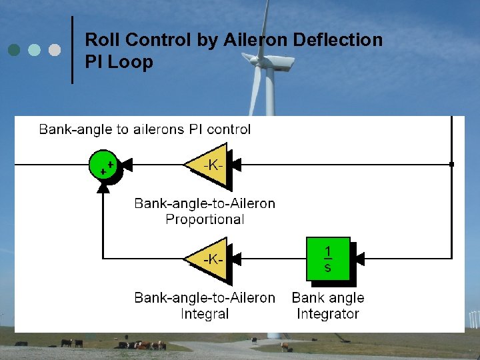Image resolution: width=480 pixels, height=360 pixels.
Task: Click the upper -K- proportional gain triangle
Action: pyautogui.click(x=209, y=164)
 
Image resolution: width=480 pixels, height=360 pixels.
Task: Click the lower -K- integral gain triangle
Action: pyautogui.click(x=209, y=258)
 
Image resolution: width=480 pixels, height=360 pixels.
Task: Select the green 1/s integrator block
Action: pyautogui.click(x=327, y=259)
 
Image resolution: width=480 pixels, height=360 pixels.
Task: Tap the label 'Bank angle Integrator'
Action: pyautogui.click(x=328, y=305)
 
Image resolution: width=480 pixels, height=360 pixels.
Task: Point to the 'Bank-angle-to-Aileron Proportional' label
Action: pyautogui.click(x=205, y=211)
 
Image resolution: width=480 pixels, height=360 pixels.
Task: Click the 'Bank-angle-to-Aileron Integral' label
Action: pyautogui.click(x=205, y=305)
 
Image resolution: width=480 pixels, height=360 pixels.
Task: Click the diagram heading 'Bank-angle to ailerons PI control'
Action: pyautogui.click(x=145, y=129)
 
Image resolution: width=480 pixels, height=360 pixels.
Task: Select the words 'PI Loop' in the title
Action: pyautogui.click(x=119, y=62)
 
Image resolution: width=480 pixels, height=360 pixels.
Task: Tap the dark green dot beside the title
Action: pyautogui.click(x=14, y=50)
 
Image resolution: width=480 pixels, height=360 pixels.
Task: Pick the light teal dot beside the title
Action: pyautogui.click(x=34, y=50)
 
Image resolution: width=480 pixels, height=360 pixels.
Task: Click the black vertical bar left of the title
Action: pyautogui.click(x=72, y=50)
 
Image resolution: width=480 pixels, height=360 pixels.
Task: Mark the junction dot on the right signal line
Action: pyautogui.click(x=451, y=164)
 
